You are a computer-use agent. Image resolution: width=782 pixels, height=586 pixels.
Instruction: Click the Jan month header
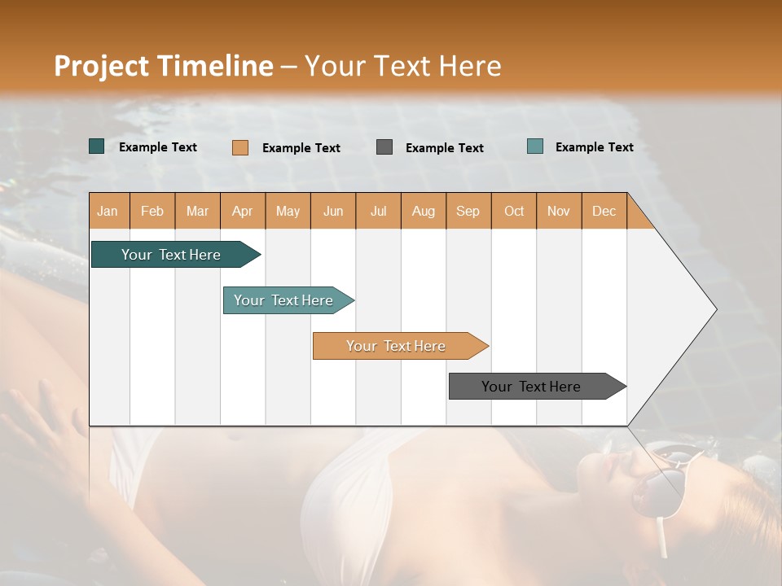108,211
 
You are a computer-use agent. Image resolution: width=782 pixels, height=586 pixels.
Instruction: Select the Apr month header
243,211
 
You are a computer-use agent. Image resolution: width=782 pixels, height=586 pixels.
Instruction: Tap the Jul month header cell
378,211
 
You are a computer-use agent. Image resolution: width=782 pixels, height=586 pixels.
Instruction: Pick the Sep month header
468,211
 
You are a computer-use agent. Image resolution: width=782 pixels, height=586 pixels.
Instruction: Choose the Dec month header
604,211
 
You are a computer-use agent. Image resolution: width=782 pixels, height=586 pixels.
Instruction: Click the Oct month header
514,211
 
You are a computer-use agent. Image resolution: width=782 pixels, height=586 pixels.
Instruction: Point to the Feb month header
152,211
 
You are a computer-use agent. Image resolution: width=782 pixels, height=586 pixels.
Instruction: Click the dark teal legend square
96,146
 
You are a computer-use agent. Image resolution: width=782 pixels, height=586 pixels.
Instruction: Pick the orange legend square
239,147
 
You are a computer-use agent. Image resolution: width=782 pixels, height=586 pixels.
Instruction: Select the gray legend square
384,146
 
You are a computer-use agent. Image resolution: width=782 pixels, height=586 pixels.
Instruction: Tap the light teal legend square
534,146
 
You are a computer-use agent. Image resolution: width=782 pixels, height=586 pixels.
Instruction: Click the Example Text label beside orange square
301,148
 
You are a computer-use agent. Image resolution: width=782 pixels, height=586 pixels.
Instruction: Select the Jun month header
333,211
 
